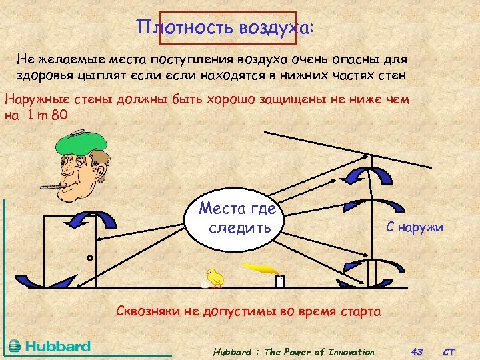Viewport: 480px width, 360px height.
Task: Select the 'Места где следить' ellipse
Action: [239, 219]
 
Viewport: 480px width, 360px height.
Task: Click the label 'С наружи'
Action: [414, 227]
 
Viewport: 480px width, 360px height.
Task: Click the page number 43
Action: [418, 351]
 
